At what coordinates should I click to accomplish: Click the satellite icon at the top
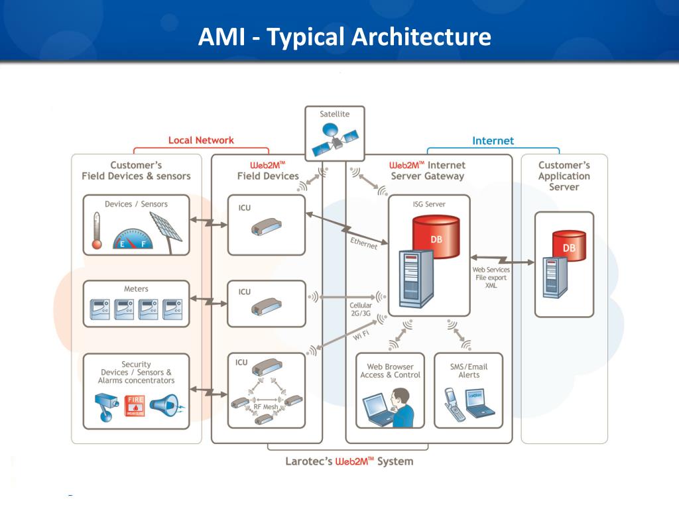(334, 138)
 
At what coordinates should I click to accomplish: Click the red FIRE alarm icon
(135, 406)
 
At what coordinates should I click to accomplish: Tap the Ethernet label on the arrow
(363, 243)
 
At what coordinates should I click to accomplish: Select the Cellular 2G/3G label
(361, 309)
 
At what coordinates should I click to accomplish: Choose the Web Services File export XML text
(491, 277)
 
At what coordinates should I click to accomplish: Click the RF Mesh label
(265, 406)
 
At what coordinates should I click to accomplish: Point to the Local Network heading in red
(201, 141)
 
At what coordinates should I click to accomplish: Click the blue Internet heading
(493, 141)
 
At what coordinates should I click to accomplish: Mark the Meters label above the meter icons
(136, 289)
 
